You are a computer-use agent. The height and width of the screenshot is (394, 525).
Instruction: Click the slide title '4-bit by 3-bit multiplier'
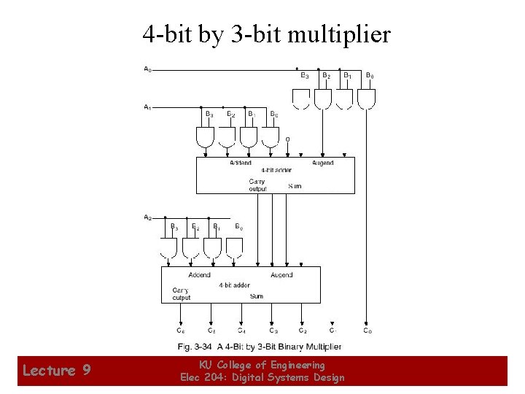click(x=266, y=34)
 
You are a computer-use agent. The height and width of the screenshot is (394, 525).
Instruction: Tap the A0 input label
click(x=147, y=69)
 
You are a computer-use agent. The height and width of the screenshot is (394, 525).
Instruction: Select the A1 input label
click(x=147, y=107)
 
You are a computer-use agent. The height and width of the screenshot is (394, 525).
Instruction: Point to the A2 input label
click(x=147, y=217)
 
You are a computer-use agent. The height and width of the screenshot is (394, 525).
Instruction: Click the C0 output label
click(x=367, y=331)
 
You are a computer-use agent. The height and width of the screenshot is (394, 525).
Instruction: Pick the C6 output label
click(x=180, y=331)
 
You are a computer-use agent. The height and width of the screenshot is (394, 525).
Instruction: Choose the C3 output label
click(x=273, y=331)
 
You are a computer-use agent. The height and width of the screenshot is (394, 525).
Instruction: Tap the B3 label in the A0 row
click(x=304, y=75)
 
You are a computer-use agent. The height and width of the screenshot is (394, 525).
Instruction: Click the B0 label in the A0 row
click(x=370, y=75)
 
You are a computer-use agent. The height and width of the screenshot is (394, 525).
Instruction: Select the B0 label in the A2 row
click(x=238, y=227)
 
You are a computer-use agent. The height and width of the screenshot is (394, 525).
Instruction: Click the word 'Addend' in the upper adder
click(x=241, y=163)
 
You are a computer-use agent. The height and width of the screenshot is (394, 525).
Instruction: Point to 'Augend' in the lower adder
click(x=281, y=275)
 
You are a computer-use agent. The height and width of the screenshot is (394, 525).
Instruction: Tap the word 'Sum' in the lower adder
click(x=257, y=296)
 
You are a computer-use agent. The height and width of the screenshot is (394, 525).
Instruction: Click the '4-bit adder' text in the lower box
click(x=234, y=285)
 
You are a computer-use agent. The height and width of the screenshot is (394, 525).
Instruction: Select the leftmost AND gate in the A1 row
click(x=206, y=136)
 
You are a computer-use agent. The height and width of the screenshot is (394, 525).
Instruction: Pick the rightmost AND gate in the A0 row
click(x=366, y=98)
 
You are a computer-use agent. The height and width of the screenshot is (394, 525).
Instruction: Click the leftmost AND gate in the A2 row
click(x=168, y=248)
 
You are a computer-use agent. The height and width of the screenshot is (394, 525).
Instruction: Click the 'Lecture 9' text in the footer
click(x=57, y=371)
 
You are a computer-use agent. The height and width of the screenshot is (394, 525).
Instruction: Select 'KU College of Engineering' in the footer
click(x=262, y=365)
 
